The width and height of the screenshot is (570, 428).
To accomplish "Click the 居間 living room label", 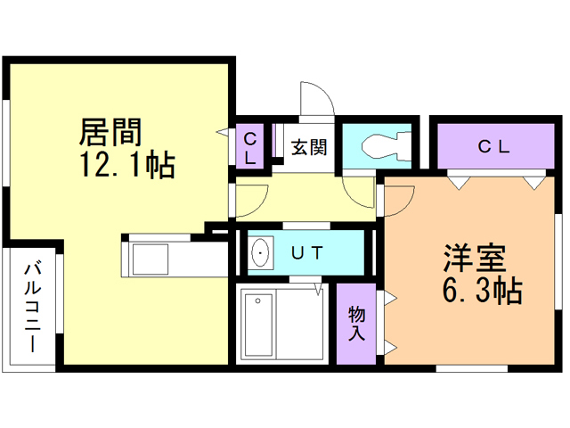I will [x=112, y=133].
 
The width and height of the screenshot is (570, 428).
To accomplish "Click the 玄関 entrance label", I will [x=308, y=144].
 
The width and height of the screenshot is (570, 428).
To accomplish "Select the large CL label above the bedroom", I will [x=493, y=147].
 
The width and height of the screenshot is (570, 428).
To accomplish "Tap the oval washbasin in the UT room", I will [x=260, y=253].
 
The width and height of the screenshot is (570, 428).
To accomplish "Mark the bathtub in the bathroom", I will [x=259, y=325].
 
